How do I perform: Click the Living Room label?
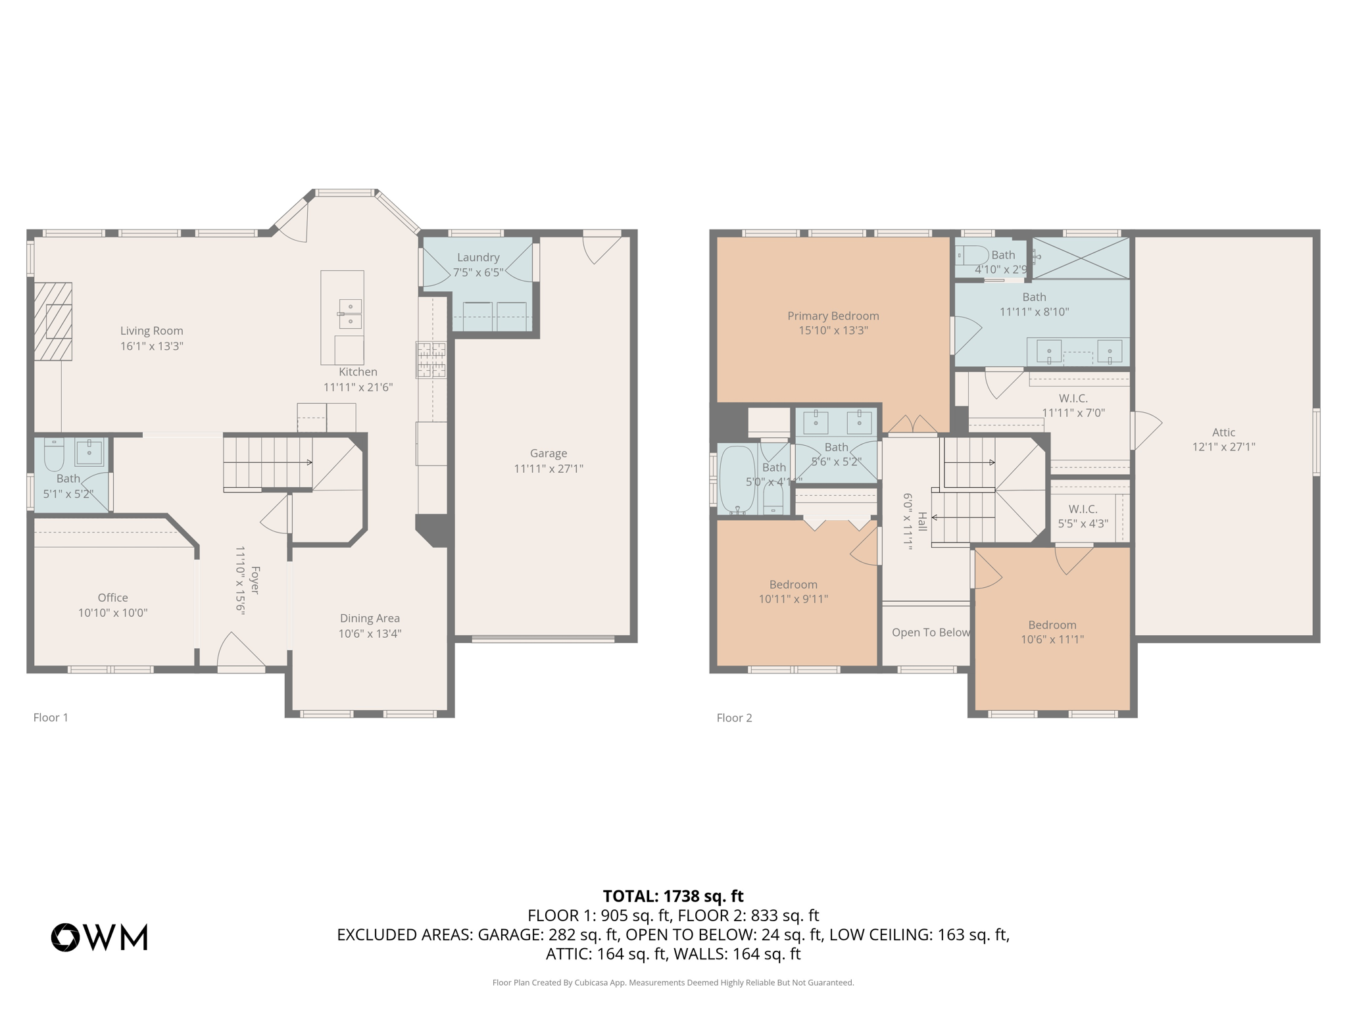[x=151, y=331]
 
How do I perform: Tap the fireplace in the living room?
[x=53, y=322]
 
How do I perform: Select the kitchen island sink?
[x=350, y=314]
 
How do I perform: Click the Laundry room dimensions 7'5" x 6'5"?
[x=478, y=272]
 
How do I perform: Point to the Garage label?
[x=548, y=453]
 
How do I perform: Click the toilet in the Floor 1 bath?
[x=54, y=454]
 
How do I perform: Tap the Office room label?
[x=112, y=597]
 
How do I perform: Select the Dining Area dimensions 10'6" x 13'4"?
[x=370, y=633]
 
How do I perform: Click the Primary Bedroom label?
[x=833, y=316]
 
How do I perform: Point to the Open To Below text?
[x=931, y=632]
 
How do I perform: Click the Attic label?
[x=1223, y=432]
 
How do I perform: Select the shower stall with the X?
[x=1081, y=258]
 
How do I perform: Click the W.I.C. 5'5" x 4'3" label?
[x=1083, y=516]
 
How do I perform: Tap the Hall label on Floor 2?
[x=922, y=521]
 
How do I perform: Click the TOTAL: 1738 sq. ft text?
[x=673, y=896]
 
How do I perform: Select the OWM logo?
[x=100, y=937]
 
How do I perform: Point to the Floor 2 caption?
[x=734, y=717]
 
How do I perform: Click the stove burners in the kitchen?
[x=431, y=360]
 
